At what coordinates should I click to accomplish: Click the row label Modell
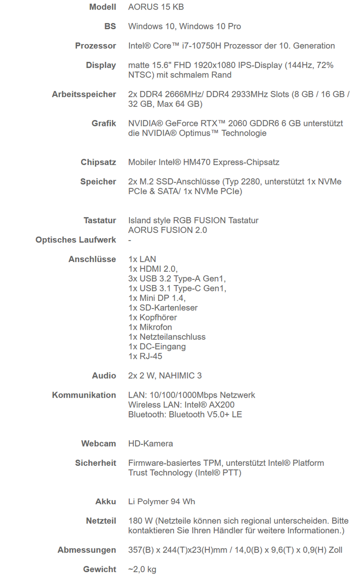(103, 7)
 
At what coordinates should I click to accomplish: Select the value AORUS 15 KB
(156, 7)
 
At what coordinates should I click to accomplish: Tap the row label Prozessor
(95, 46)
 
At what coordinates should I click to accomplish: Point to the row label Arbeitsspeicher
(84, 94)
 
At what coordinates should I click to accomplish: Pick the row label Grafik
(104, 123)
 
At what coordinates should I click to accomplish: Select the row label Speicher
(98, 182)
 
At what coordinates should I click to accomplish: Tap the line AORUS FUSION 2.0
(167, 230)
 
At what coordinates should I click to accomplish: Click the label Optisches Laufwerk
(76, 240)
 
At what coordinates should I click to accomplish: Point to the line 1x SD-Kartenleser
(163, 308)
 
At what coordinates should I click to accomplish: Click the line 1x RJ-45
(146, 356)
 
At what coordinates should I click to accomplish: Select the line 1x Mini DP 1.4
(157, 298)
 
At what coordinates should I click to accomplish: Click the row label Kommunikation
(84, 395)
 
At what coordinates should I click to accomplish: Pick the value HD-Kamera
(151, 444)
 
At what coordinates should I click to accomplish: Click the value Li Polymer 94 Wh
(162, 502)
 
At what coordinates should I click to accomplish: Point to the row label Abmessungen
(87, 550)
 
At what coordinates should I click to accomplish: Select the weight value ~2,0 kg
(142, 569)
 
